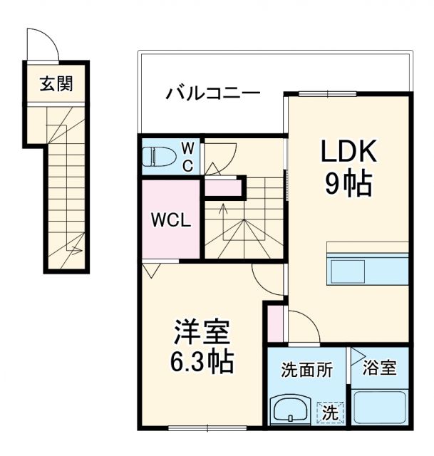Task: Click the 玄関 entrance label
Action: [x=56, y=83]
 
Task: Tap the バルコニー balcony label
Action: [x=213, y=94]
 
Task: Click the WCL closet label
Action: [x=170, y=220]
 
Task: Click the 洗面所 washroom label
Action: [x=306, y=370]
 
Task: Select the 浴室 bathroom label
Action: [x=380, y=370]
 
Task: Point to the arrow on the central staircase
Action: [x=224, y=209]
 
